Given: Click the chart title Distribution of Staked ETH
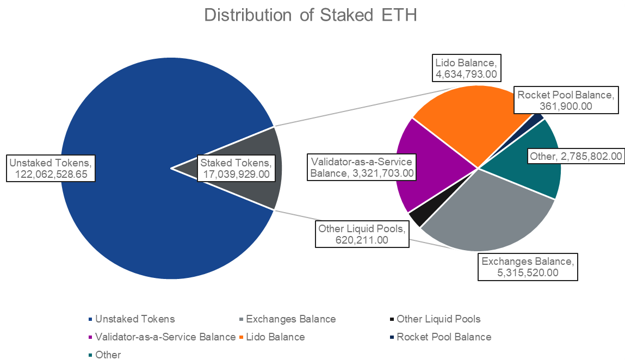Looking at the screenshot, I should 311,15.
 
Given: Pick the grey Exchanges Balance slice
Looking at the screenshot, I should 484,218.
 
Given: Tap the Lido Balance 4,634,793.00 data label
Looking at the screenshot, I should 466,67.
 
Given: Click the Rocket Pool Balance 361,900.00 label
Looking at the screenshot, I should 566,100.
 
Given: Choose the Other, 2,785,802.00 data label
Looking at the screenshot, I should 576,157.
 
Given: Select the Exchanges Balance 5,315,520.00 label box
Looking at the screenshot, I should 527,267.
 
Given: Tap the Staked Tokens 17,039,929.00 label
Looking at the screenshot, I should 236,168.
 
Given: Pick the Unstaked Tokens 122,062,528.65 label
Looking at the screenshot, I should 52,168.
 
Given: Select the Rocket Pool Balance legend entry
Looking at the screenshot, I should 443,337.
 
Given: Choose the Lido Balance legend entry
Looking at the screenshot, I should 275,337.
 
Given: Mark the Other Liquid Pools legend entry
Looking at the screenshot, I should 438,319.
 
